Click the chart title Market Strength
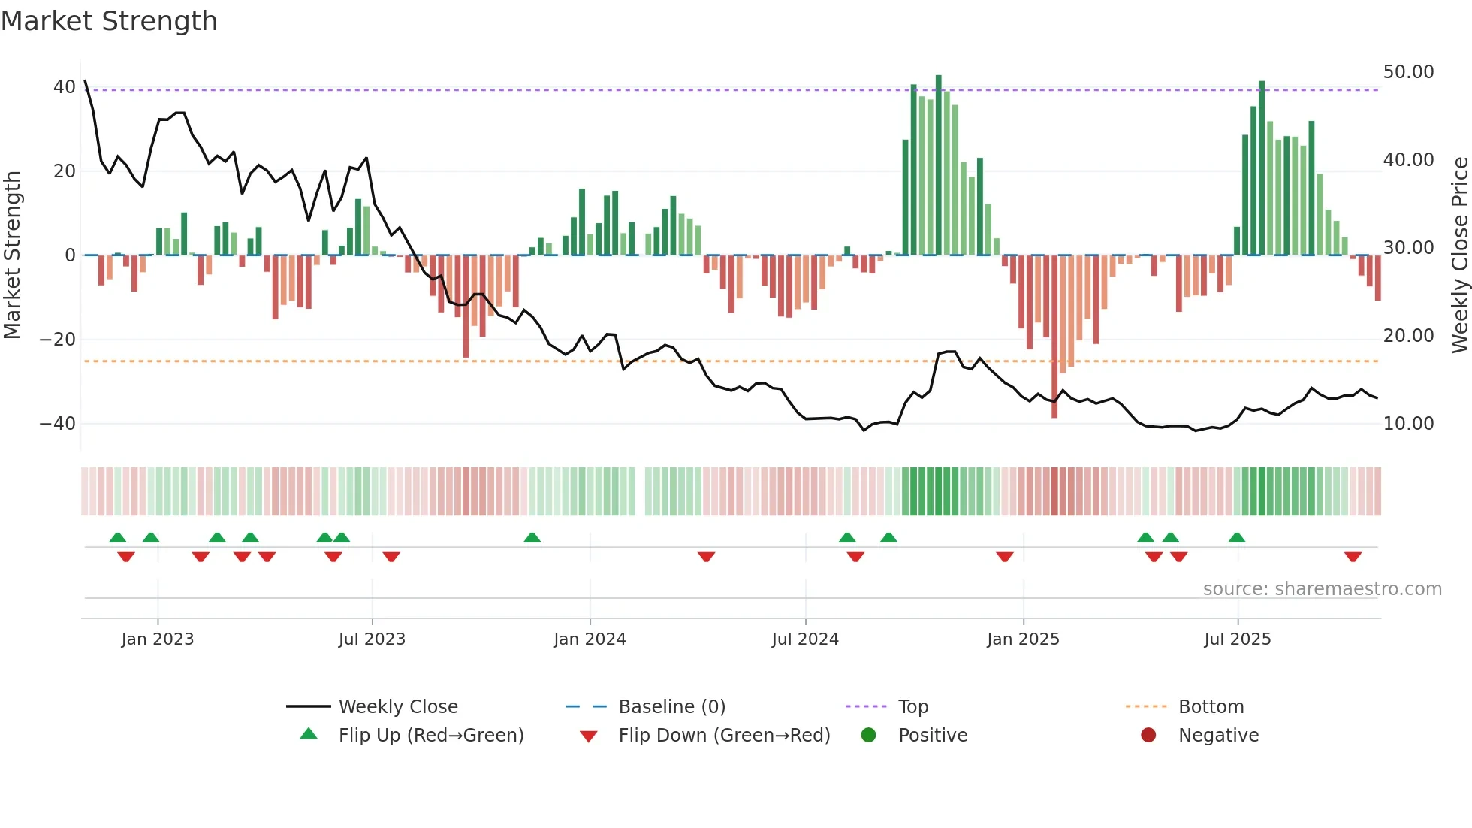[x=109, y=21]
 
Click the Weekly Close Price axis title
[x=1459, y=255]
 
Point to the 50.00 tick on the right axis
[x=1408, y=72]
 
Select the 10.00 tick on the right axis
[x=1408, y=424]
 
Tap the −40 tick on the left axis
[x=58, y=424]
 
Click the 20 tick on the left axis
[x=65, y=171]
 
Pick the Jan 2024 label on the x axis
[x=590, y=639]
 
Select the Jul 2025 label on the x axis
[x=1237, y=639]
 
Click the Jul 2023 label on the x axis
[x=372, y=639]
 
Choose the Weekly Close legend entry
[x=398, y=707]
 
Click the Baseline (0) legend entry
[x=671, y=707]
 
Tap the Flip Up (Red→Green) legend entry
[x=430, y=736]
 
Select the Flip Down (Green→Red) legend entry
[x=724, y=736]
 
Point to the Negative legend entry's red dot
[x=1148, y=736]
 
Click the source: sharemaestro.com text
[x=1322, y=589]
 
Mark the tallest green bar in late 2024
[x=938, y=165]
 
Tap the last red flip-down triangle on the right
[x=1353, y=557]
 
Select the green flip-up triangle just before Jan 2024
[x=532, y=537]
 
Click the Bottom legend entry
[x=1211, y=707]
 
